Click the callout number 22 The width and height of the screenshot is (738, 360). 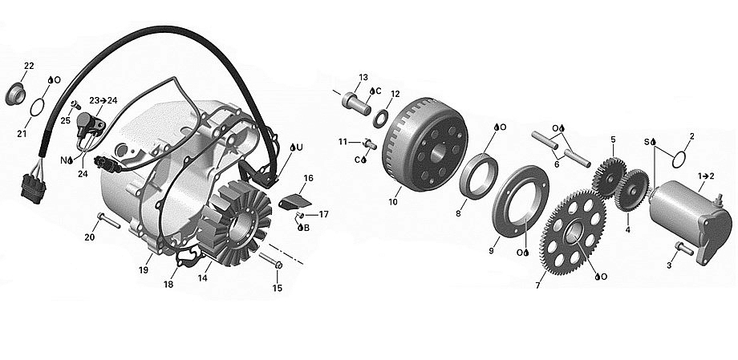click(29, 66)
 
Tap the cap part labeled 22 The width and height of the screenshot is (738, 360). click(15, 94)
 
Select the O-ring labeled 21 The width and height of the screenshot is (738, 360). click(38, 107)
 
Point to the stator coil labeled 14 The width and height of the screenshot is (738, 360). click(234, 225)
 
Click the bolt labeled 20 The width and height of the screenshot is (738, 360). click(109, 220)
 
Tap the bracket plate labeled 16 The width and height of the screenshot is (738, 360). click(294, 201)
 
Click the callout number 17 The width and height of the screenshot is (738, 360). click(323, 215)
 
